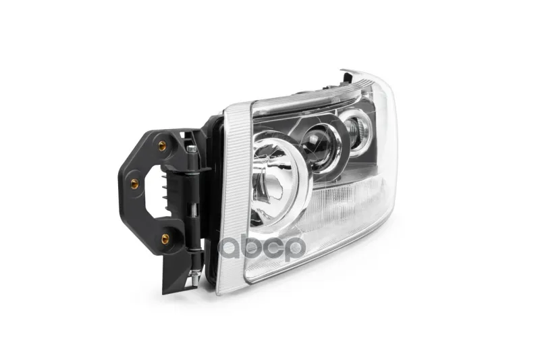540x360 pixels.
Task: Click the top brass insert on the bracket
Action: (x=162, y=146)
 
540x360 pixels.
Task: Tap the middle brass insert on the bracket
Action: (x=134, y=184)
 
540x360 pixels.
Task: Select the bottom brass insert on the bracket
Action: (x=165, y=238)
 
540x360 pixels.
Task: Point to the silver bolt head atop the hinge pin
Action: (x=192, y=149)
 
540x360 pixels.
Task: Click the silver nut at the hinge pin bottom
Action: (x=193, y=275)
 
